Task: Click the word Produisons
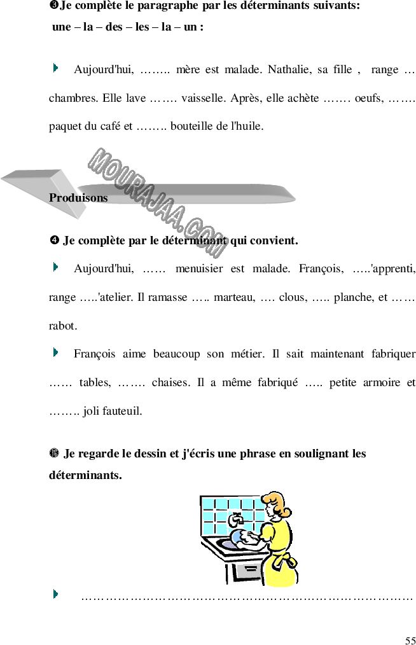78,198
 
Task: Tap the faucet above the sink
235,519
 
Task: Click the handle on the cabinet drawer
249,568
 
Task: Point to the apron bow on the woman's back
289,562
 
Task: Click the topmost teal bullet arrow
56,67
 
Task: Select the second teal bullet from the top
56,267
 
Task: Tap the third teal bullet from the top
56,352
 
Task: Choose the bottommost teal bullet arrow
56,593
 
